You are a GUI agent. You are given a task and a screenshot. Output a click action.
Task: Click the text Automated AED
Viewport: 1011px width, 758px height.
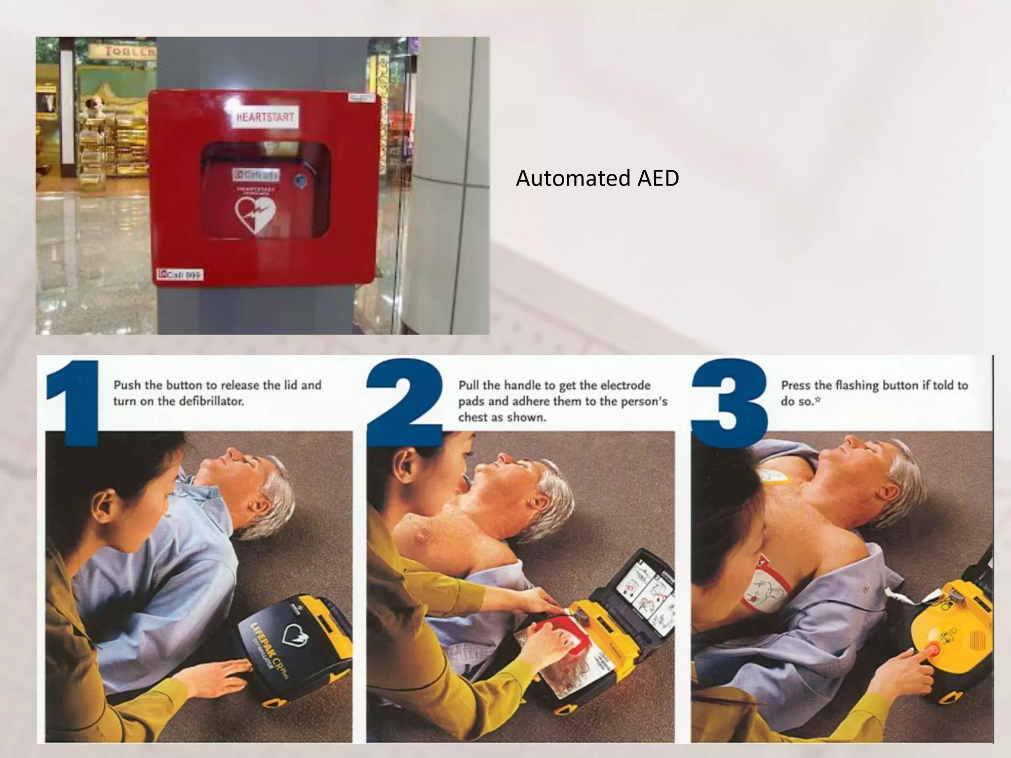[x=597, y=179]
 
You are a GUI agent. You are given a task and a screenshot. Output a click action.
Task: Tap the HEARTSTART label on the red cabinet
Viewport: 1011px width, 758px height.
[x=265, y=117]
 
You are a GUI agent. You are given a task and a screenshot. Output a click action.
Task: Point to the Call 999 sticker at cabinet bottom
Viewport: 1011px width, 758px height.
[x=180, y=275]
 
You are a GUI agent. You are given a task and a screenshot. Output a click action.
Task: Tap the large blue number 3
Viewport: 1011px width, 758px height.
[x=730, y=402]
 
